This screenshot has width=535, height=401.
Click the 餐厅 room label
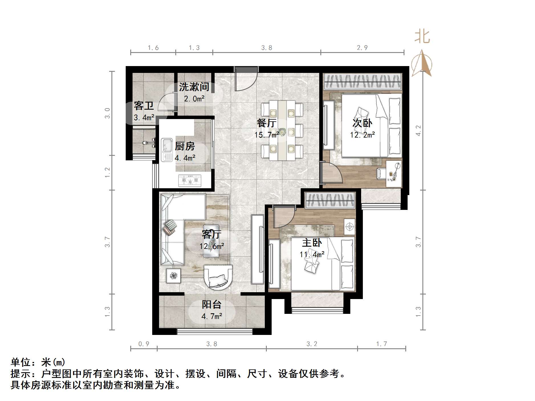click(x=267, y=123)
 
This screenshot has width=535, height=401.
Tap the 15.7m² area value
click(x=267, y=135)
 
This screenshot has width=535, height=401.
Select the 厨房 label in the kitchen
click(x=185, y=146)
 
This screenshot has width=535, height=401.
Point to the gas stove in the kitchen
click(x=190, y=180)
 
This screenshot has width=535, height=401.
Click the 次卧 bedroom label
click(x=362, y=123)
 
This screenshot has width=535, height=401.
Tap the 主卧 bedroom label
click(x=312, y=243)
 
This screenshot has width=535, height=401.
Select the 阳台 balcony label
click(x=211, y=304)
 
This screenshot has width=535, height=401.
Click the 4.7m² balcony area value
click(x=211, y=316)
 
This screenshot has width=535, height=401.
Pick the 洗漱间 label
click(x=194, y=87)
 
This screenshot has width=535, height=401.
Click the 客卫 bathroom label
click(x=144, y=106)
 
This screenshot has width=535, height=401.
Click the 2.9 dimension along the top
click(x=362, y=48)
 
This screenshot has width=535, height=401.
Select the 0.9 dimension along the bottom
click(x=144, y=344)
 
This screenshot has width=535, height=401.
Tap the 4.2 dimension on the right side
click(x=418, y=130)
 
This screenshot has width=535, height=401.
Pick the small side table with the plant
click(x=173, y=275)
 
